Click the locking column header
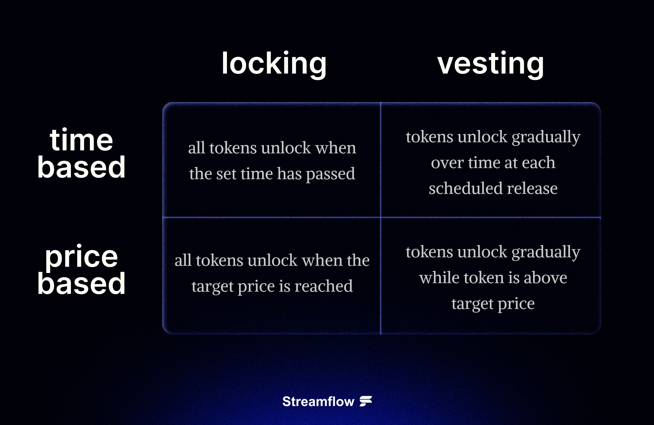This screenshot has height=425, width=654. [274, 63]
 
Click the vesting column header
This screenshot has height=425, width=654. [490, 63]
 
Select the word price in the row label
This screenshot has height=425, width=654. [81, 257]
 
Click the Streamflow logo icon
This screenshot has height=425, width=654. [366, 401]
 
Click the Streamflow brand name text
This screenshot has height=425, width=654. [318, 401]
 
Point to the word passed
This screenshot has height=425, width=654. [330, 174]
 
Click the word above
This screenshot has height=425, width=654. [545, 278]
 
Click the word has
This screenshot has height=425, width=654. [289, 174]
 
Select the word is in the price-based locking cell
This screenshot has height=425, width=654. [284, 286]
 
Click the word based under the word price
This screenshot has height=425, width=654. [81, 283]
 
